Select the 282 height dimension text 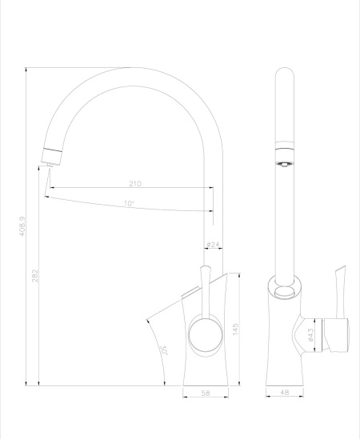pyautogui.click(x=35, y=274)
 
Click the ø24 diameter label pyautogui.click(x=213, y=243)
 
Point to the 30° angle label pyautogui.click(x=163, y=349)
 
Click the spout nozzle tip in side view pyautogui.click(x=47, y=165)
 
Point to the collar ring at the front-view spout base pyautogui.click(x=285, y=284)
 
